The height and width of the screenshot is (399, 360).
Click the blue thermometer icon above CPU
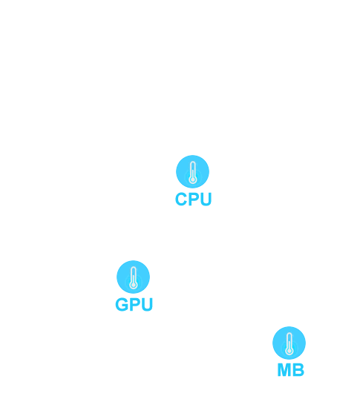point(192,171)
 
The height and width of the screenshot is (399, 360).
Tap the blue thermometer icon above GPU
point(133,277)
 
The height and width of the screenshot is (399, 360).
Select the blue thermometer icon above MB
point(289,343)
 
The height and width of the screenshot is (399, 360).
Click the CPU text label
point(194,199)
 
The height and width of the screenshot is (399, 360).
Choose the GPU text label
point(134,304)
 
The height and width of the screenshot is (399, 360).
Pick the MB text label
point(291,370)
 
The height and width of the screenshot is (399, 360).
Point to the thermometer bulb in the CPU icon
point(193,180)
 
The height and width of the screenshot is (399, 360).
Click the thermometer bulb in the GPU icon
point(133,286)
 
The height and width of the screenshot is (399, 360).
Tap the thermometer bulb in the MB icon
point(289,351)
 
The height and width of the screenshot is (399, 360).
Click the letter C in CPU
point(181,199)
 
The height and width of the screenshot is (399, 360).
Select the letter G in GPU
point(122,304)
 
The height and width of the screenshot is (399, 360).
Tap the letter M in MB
point(284,370)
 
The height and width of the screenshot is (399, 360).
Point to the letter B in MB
point(298,370)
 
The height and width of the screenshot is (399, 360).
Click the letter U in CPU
point(206,199)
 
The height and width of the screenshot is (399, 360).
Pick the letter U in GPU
point(147,304)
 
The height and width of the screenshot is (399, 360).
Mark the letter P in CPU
point(194,199)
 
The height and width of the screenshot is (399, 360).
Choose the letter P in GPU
point(134,304)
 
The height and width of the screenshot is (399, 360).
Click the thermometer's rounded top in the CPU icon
point(193,163)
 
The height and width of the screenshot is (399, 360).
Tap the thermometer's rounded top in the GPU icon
point(133,268)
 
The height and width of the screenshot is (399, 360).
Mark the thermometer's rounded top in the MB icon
point(289,334)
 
